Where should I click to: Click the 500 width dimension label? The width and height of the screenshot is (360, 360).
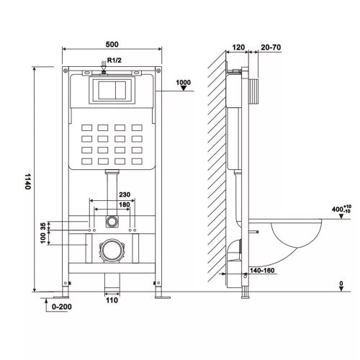112,45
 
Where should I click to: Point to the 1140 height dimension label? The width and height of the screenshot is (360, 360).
28,181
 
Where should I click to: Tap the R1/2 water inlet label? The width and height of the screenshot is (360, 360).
114,60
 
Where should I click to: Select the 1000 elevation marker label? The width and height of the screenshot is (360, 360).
184,82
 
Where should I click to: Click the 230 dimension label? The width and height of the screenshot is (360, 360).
125,194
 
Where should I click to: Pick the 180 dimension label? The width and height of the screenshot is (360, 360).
125,204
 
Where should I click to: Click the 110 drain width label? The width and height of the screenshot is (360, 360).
112,300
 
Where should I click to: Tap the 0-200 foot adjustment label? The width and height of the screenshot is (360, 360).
62,307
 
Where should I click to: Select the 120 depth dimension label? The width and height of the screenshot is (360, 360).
238,48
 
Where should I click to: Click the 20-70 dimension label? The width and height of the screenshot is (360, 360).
271,48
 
